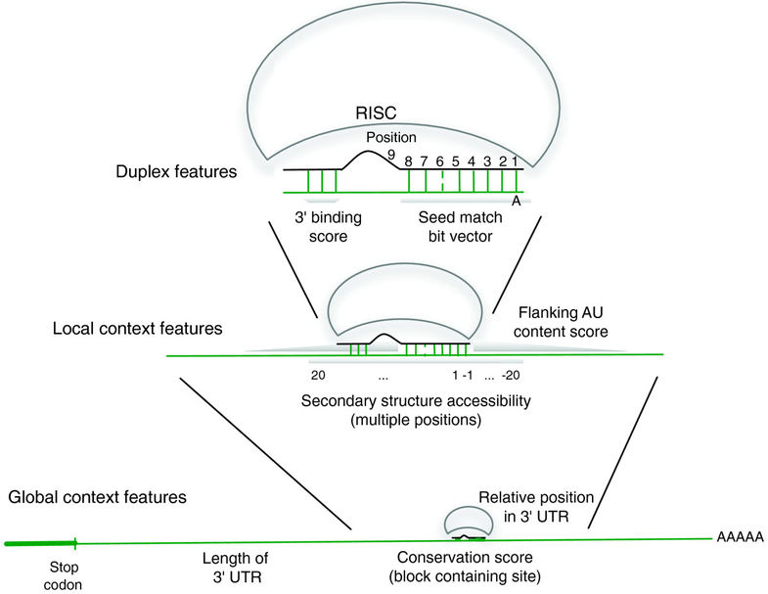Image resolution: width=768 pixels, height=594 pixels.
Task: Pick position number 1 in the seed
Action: pyautogui.click(x=516, y=160)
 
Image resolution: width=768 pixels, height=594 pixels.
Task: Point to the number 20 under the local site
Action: pyautogui.click(x=318, y=375)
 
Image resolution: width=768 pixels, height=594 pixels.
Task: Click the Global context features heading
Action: pyautogui.click(x=97, y=497)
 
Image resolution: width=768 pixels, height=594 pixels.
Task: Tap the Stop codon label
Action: pyautogui.click(x=68, y=574)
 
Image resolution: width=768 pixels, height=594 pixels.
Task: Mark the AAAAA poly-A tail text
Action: pyautogui.click(x=740, y=537)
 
